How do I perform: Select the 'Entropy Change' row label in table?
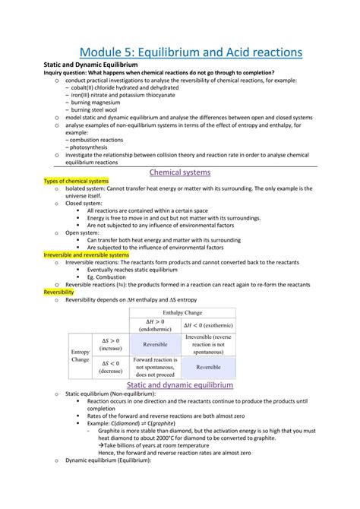[x=81, y=356]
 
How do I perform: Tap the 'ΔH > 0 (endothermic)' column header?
[x=156, y=324]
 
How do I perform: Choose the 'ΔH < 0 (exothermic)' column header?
[x=209, y=325]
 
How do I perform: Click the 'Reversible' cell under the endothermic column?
[x=156, y=345]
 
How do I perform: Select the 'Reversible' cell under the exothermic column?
[x=209, y=368]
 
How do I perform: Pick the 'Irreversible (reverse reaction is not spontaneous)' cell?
[x=209, y=345]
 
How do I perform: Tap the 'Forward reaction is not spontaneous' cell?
[x=156, y=368]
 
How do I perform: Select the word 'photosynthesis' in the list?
[x=91, y=146]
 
